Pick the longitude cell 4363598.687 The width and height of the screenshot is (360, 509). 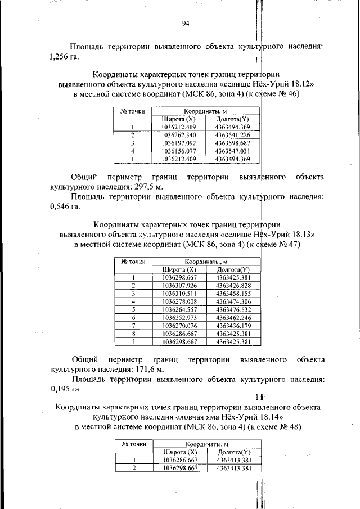coord(232,143)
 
